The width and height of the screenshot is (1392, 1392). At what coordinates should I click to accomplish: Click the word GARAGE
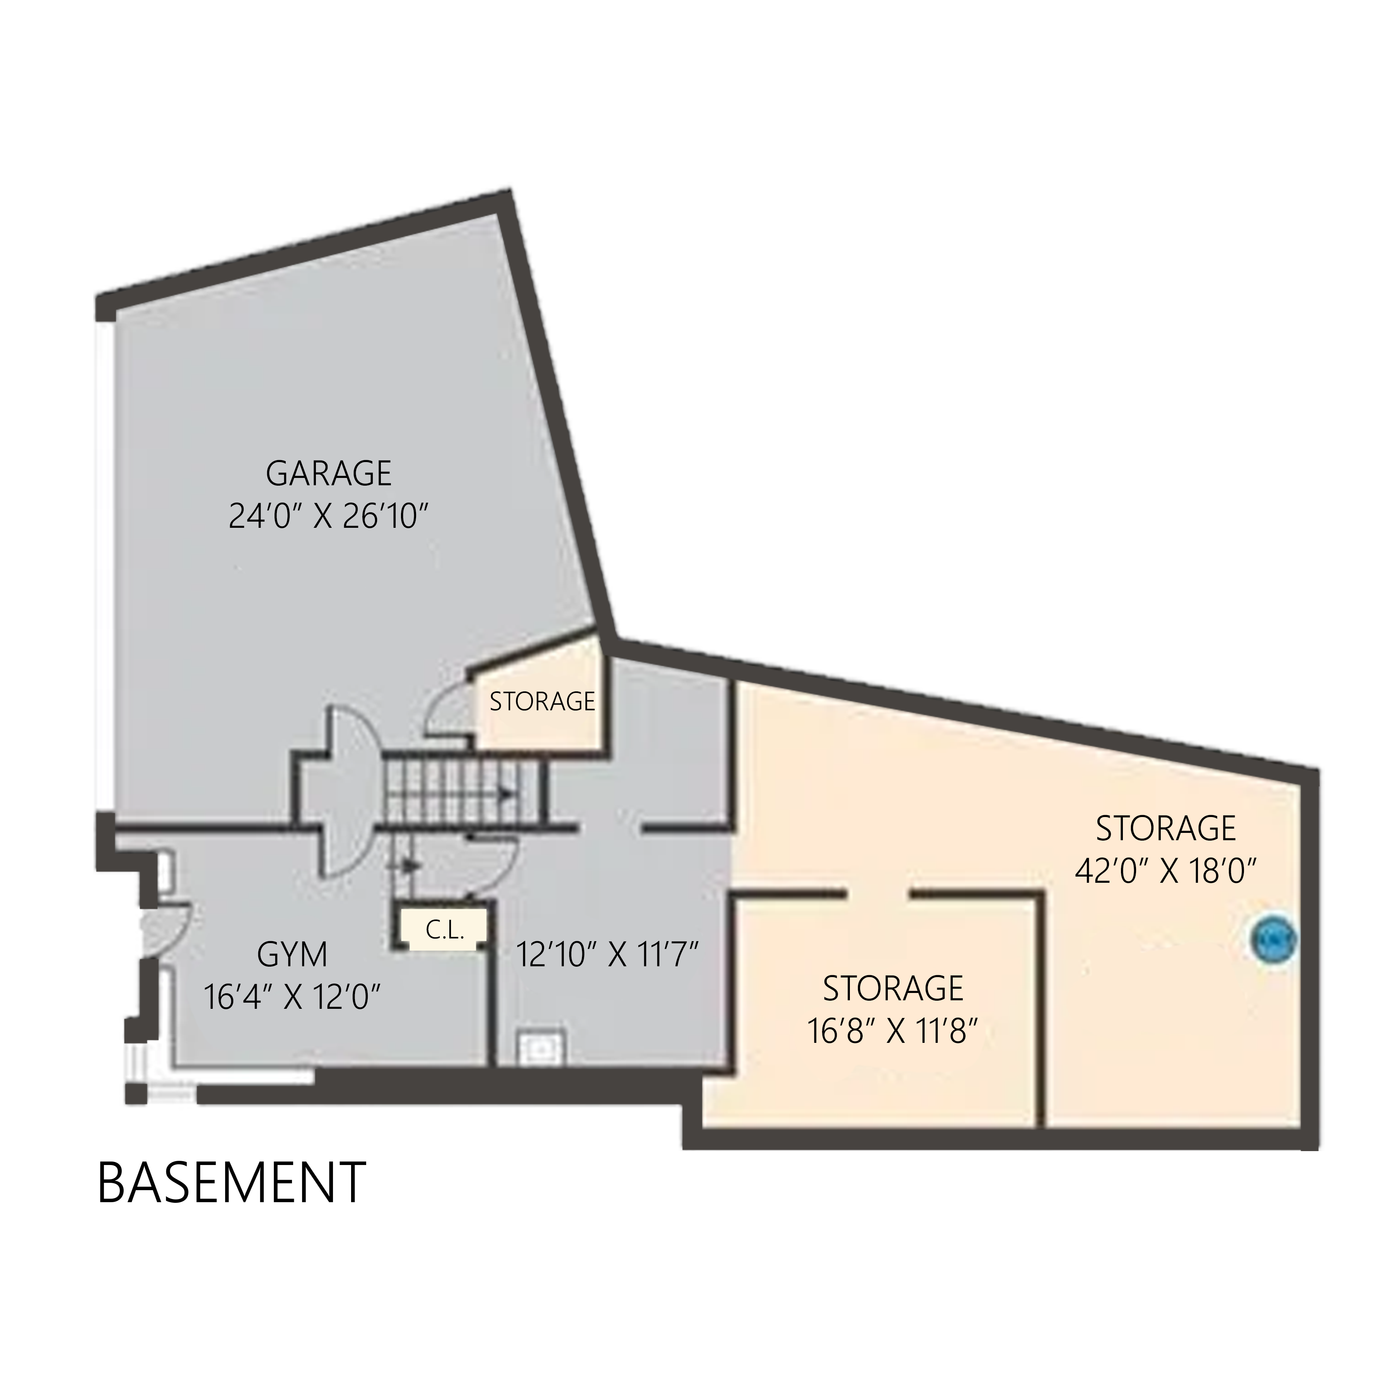[x=329, y=473]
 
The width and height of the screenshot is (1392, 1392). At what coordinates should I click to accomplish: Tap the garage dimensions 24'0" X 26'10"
[x=329, y=517]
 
